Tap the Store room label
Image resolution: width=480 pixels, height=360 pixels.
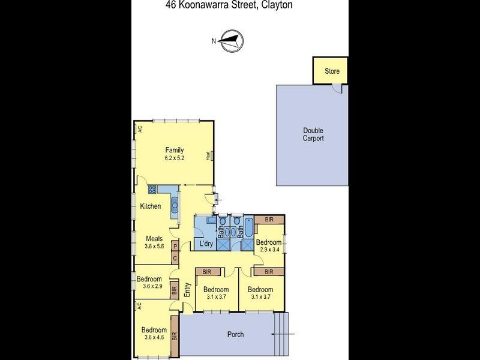[x=332, y=71]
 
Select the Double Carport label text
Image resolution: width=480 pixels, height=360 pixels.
[x=313, y=134]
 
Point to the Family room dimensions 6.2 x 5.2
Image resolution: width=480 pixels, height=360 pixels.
[x=175, y=158]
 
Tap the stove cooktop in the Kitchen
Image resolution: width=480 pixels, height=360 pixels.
[x=152, y=190]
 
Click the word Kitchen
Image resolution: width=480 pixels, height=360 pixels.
[x=151, y=206]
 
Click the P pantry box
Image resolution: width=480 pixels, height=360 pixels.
[x=175, y=246]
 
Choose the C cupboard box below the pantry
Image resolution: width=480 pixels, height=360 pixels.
[x=175, y=259]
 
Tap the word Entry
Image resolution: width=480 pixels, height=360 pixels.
[x=187, y=290]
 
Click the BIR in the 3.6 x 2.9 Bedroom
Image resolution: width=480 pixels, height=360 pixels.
[x=175, y=290]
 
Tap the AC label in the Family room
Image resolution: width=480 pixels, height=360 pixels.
[x=139, y=128]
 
